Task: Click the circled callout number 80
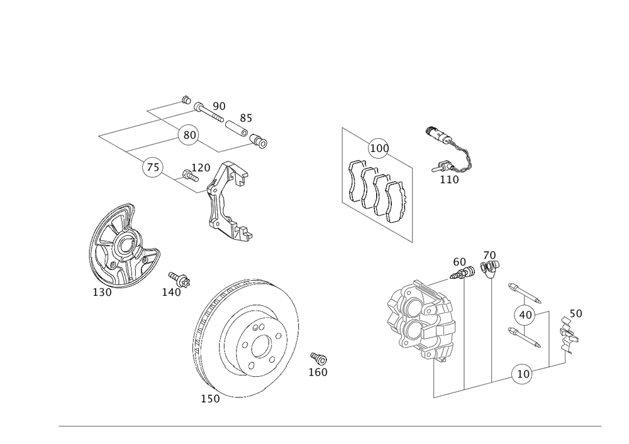coord(188,134)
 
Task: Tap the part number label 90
coord(219,106)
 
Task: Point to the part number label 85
coord(246,119)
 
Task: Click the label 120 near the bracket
coord(201,168)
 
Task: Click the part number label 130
coord(102,293)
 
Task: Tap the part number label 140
coord(172,292)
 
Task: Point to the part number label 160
coord(318,372)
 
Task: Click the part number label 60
coord(459,261)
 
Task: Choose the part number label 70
coord(489,256)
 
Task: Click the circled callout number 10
coord(522,372)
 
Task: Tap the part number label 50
coord(575,313)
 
